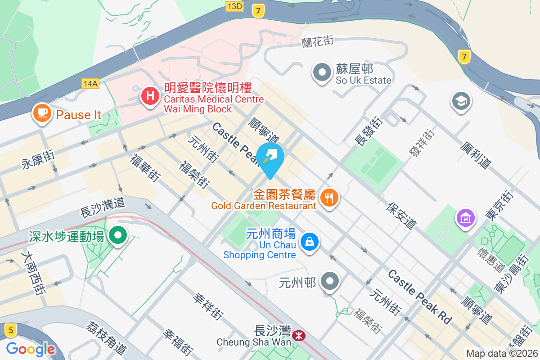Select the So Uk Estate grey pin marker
322,72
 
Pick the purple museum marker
465,218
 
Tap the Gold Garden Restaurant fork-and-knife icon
329,197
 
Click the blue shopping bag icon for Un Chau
310,241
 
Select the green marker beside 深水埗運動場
118,235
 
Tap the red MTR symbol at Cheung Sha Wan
297,335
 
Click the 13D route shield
235,6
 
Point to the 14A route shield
90,83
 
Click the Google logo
31,349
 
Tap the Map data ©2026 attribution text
502,353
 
